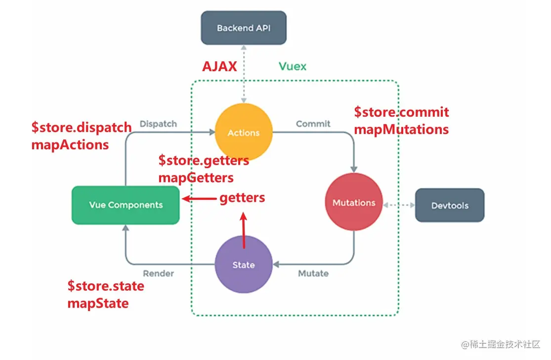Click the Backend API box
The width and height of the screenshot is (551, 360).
click(243, 28)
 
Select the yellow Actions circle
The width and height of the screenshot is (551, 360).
click(244, 133)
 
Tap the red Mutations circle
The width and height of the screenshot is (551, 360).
click(354, 203)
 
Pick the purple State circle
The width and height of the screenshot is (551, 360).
click(244, 265)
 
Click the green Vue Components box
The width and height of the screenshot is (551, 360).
click(126, 205)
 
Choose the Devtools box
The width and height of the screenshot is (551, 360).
click(449, 205)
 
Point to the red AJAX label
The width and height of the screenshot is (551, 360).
click(219, 66)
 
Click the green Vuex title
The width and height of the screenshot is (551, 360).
click(292, 66)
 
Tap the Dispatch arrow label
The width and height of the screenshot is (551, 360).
click(158, 124)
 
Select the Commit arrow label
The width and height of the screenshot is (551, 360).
click(313, 124)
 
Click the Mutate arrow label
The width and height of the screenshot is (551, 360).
click(313, 273)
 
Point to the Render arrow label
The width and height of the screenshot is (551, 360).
click(158, 273)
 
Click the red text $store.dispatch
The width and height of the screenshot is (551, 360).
click(82, 128)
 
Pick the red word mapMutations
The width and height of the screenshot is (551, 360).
click(401, 130)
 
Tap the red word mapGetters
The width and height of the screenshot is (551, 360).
click(196, 177)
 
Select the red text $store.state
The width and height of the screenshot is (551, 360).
click(106, 286)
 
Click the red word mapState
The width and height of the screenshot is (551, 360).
click(98, 303)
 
